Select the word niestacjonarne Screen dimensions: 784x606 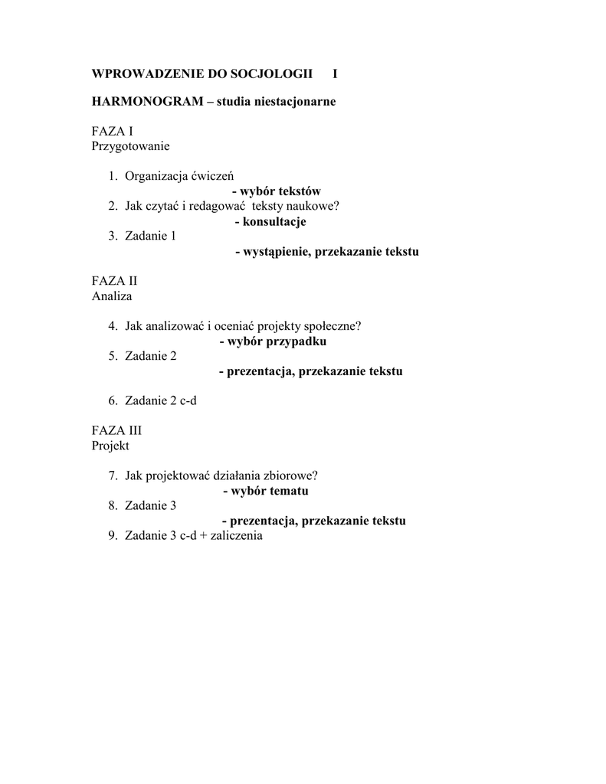(298, 102)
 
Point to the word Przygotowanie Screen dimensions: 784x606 (130, 145)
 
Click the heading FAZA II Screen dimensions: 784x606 (115, 281)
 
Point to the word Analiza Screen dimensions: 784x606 (112, 296)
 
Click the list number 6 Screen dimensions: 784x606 (112, 401)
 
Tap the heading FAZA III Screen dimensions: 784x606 (117, 431)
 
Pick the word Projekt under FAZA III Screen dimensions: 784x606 (111, 446)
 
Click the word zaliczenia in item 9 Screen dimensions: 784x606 (233, 536)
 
